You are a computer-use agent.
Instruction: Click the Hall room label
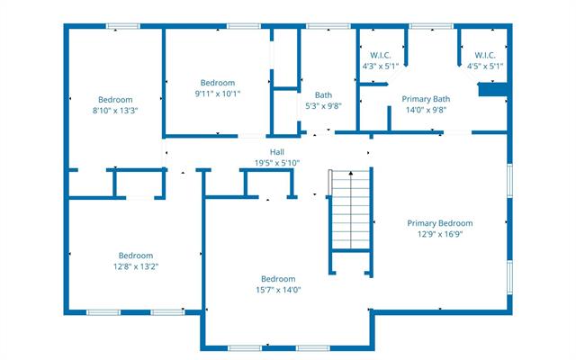(277, 152)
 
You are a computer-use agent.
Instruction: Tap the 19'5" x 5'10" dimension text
(277, 163)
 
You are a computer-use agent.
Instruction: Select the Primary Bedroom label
(439, 223)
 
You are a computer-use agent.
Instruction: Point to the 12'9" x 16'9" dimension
(439, 234)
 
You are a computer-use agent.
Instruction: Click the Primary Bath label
(426, 99)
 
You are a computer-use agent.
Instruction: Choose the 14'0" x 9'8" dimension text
(426, 110)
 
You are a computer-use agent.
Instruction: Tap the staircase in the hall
(350, 211)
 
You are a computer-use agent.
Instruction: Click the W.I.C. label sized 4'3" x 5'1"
(380, 55)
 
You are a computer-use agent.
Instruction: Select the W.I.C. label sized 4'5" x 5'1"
(485, 55)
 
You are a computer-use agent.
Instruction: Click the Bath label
(323, 94)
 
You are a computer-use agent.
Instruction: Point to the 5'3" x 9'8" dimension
(323, 105)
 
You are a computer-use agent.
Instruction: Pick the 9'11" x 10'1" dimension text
(218, 93)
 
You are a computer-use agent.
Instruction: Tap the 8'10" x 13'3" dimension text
(115, 110)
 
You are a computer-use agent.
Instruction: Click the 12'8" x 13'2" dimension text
(137, 265)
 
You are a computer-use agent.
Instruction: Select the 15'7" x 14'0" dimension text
(278, 290)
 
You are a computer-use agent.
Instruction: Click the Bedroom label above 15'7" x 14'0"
(278, 279)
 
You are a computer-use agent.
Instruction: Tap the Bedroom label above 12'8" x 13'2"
(137, 255)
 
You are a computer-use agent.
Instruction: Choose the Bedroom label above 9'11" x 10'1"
(218, 82)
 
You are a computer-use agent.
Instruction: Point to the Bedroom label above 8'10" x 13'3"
(115, 99)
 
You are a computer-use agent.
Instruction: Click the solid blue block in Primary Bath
(492, 89)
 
